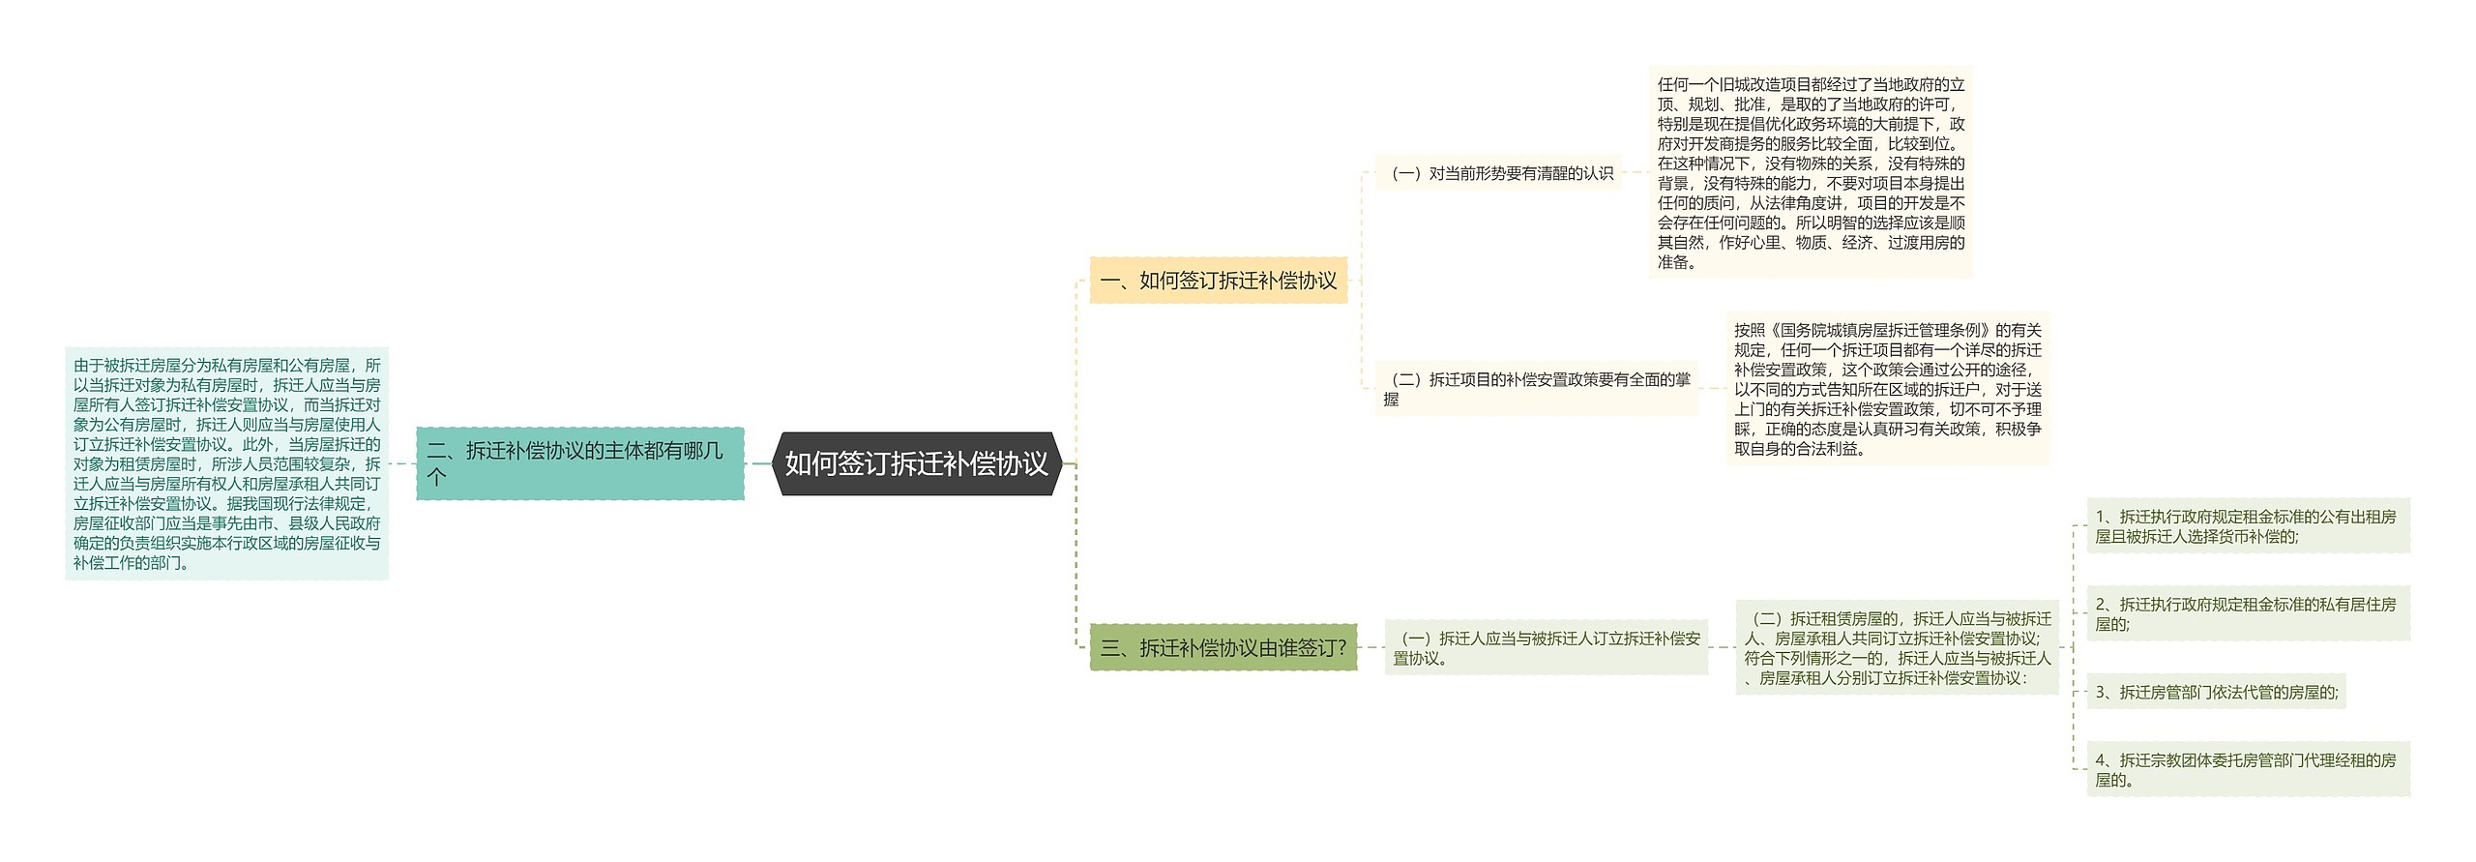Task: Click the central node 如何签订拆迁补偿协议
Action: tap(916, 464)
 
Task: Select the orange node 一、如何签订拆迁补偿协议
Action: tap(1218, 281)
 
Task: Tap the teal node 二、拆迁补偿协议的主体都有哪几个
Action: tap(579, 463)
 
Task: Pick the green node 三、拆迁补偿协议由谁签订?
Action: tap(1223, 647)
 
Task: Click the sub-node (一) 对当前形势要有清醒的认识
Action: tap(1500, 173)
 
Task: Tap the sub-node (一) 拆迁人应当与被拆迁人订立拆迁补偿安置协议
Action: tap(1546, 647)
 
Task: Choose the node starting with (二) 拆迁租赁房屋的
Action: tap(1897, 647)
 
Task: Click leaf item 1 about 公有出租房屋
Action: tap(2247, 526)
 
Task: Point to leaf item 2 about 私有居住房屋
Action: tap(2247, 613)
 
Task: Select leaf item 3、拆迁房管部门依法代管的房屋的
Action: tap(2216, 692)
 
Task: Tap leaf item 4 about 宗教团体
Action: tap(2247, 770)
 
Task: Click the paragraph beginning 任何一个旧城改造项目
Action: tap(1811, 173)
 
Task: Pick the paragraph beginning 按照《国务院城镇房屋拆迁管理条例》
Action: tap(1887, 389)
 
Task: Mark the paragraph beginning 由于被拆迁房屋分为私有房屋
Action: tap(226, 463)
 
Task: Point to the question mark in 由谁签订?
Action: tap(1341, 648)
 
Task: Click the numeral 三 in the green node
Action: tap(1110, 648)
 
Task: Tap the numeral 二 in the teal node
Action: tap(436, 451)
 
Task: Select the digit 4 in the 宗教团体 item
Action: tap(2101, 760)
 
